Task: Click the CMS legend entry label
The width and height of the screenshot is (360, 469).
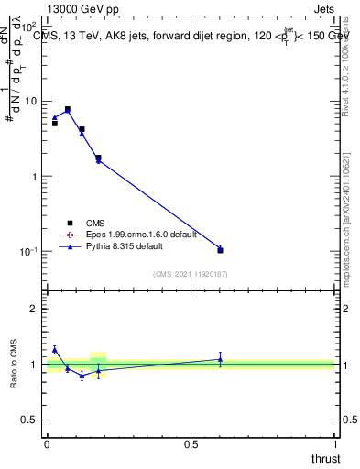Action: coord(96,222)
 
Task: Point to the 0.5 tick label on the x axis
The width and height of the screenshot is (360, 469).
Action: coord(191,444)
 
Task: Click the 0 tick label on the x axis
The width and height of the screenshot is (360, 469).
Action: coord(47,444)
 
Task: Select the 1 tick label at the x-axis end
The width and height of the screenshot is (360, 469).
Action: coord(335,444)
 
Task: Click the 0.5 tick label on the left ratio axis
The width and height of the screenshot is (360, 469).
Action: coord(31,420)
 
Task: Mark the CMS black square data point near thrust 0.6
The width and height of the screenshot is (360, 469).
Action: coord(220,250)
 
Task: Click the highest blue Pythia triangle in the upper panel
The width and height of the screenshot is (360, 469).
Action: coord(68,110)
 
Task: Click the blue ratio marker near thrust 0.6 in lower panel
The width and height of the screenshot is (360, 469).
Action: coord(220,359)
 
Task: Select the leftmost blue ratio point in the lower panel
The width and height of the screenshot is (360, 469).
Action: coord(55,349)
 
